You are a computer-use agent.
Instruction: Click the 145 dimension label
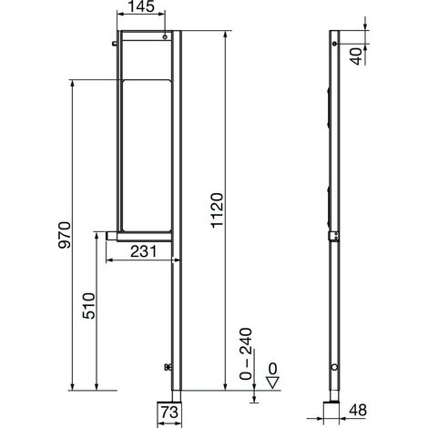point(142,6)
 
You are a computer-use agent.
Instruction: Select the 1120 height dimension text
point(217,210)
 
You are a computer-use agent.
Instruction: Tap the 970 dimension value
point(65,235)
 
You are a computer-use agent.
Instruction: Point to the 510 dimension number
point(88,306)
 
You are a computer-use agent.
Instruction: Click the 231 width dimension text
point(143,251)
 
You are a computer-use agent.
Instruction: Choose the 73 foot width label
point(169,413)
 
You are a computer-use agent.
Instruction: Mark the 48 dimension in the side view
point(358,410)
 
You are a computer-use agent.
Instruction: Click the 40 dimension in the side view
point(357,56)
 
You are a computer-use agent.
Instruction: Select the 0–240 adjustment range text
point(246,354)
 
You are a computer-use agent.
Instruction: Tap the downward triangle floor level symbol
point(272,382)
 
